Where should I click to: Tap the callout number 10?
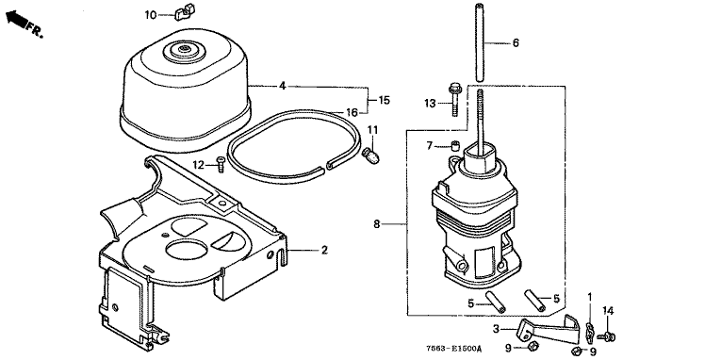point(150,15)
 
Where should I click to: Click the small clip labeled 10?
point(182,12)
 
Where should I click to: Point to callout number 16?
point(352,112)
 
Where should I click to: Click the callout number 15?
point(384,100)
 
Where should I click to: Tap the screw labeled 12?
point(221,164)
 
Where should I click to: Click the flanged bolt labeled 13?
point(454,98)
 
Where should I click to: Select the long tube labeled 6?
point(479,42)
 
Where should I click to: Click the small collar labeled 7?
point(455,146)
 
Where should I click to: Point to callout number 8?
point(377,223)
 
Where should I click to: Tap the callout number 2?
point(324,250)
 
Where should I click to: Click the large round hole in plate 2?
point(188,249)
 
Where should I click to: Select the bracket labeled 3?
point(548,331)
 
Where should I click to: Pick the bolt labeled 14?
point(607,335)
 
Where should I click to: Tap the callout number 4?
point(282,86)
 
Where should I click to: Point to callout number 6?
point(516,42)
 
